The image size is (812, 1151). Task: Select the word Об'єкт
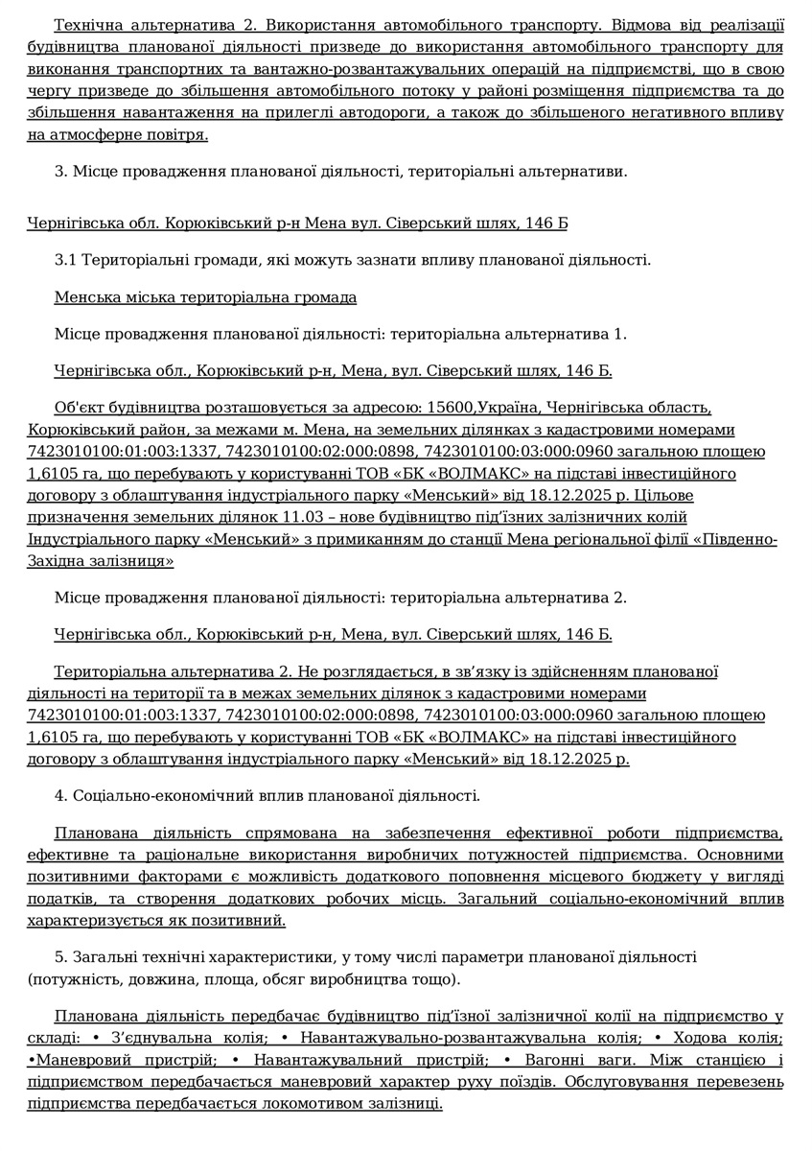click(x=81, y=408)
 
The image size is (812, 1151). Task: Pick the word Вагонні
click(x=547, y=1060)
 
